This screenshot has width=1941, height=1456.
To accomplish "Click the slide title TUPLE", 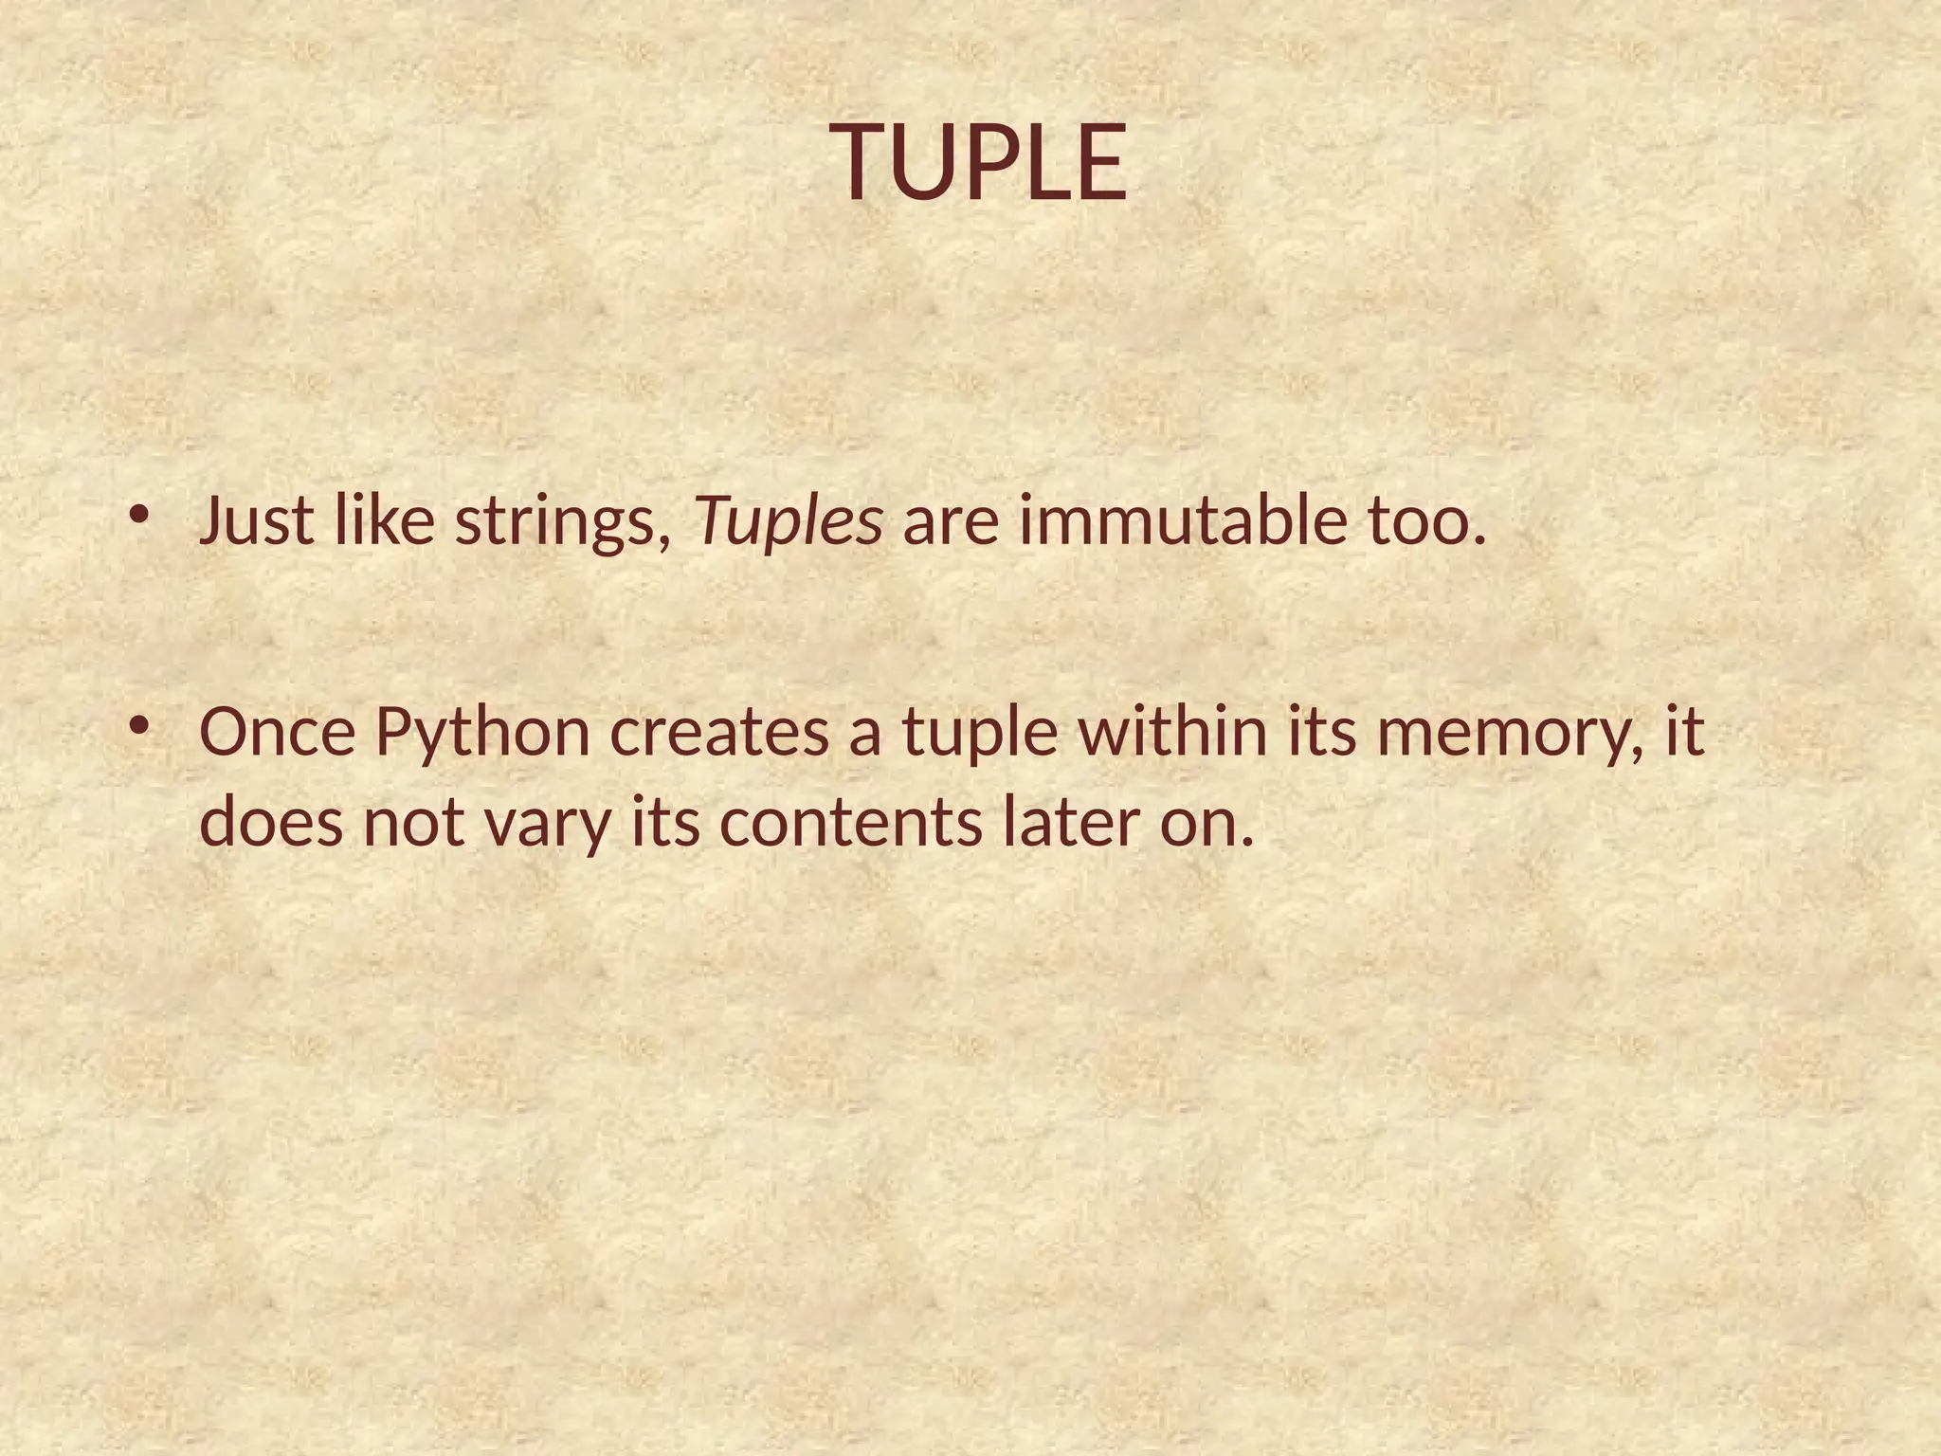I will click(x=981, y=163).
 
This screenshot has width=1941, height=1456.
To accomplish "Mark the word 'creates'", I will click(x=719, y=732).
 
